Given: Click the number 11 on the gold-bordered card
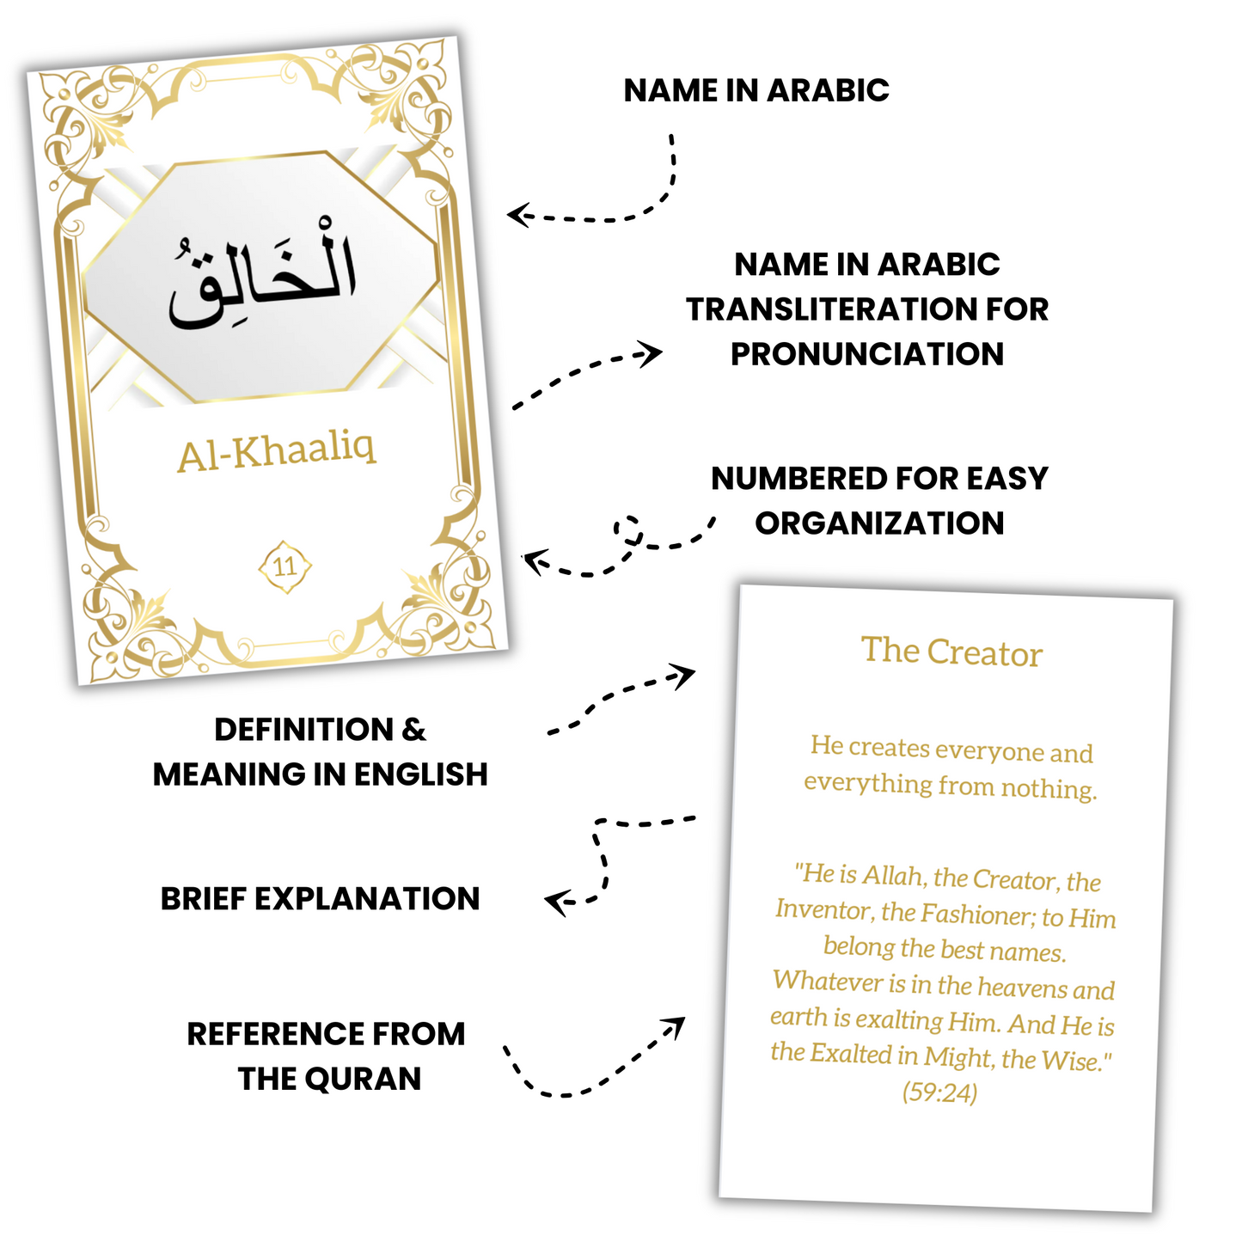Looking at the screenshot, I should pyautogui.click(x=284, y=566).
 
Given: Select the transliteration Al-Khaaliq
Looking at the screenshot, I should pyautogui.click(x=277, y=452).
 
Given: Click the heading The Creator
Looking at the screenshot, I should pyautogui.click(x=951, y=652).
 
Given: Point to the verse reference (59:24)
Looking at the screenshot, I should pyautogui.click(x=939, y=1092).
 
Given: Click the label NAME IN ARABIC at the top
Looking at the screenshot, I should pyautogui.click(x=756, y=90).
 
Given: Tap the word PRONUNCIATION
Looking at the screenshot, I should pyautogui.click(x=866, y=354).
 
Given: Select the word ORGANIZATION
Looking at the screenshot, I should pyautogui.click(x=879, y=523).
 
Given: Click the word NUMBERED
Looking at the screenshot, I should pyautogui.click(x=786, y=478).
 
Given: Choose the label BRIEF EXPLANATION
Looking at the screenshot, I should pyautogui.click(x=320, y=898).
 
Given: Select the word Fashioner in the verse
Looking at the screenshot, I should pyautogui.click(x=976, y=915).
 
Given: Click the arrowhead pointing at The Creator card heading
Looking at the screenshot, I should pyautogui.click(x=685, y=675).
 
